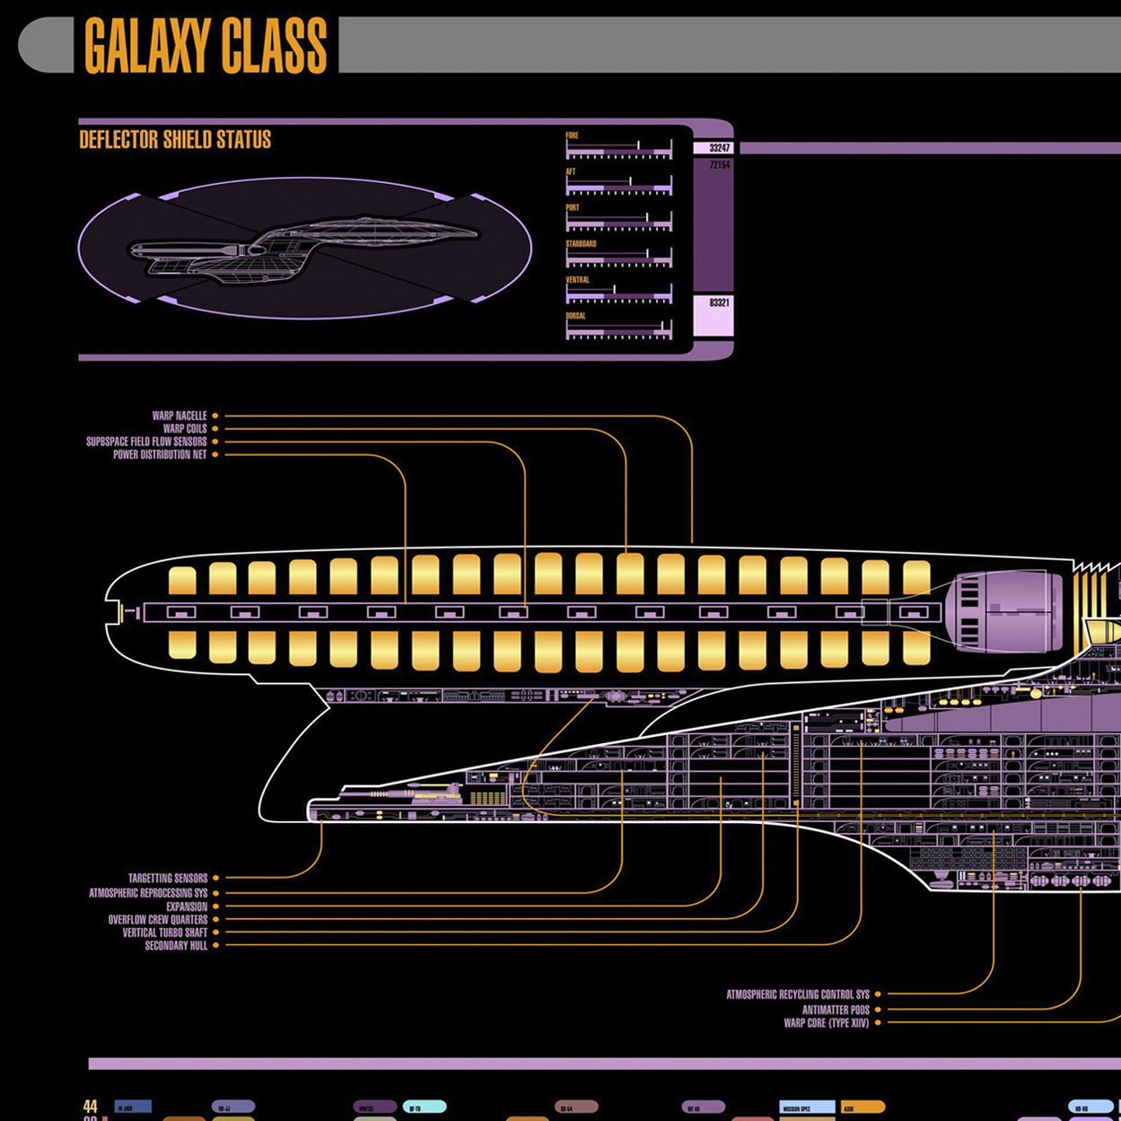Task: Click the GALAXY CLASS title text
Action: (206, 46)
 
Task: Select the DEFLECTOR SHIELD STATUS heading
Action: (175, 140)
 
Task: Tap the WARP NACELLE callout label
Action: (180, 416)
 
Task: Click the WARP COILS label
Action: (185, 428)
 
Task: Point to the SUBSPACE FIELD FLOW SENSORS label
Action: (146, 442)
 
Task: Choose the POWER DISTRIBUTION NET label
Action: (160, 455)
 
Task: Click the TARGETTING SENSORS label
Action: (168, 878)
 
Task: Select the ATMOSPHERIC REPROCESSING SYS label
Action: (148, 893)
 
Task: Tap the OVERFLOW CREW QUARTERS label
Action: (158, 920)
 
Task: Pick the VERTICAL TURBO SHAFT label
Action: (165, 933)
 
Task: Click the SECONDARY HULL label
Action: (176, 945)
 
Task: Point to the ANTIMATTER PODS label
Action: (836, 1010)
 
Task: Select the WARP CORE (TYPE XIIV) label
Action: (827, 1022)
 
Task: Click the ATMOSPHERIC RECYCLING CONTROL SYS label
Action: (798, 994)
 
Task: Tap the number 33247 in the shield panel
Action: (719, 148)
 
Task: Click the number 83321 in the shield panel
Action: (719, 303)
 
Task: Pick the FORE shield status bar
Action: (618, 152)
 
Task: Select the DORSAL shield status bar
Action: (618, 331)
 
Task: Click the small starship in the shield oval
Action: (305, 247)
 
